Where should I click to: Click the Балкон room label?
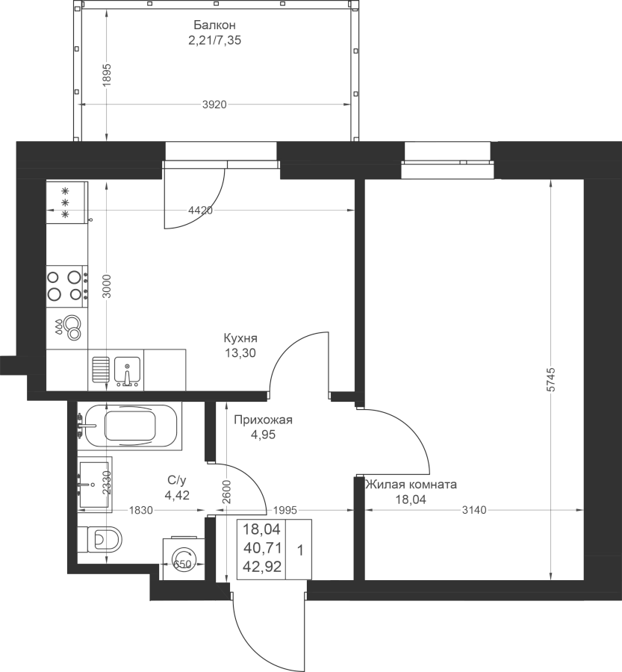tap(214, 25)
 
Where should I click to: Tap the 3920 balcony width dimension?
tap(214, 105)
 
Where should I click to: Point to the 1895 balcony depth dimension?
tap(107, 75)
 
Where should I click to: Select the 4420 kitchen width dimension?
tap(201, 211)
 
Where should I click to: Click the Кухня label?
tap(240, 338)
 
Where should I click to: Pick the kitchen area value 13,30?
tap(240, 353)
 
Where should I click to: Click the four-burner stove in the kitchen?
tap(67, 286)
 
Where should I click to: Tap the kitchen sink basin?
tap(127, 371)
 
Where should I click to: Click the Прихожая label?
tap(263, 420)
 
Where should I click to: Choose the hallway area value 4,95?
tap(263, 435)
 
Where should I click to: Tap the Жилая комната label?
tap(411, 485)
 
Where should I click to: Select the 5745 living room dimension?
tap(551, 379)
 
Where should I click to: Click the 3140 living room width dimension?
tap(475, 510)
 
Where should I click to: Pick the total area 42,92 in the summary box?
tap(262, 567)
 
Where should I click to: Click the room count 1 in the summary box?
tap(300, 550)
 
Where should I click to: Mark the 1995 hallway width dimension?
tap(285, 510)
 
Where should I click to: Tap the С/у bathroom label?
tap(177, 480)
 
